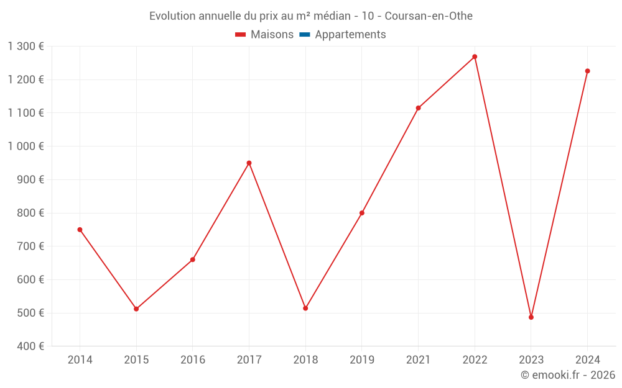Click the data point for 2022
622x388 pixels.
tap(475, 56)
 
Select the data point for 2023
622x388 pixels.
tap(531, 317)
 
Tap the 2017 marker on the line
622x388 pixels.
tap(249, 163)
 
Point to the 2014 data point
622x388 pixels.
tap(80, 230)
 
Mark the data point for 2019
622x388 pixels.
tap(362, 213)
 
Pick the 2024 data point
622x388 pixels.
tap(587, 71)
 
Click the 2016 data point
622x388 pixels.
tap(193, 259)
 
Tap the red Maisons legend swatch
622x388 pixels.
tap(241, 35)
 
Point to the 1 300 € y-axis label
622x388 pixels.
tap(26, 47)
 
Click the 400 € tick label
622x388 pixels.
tap(29, 346)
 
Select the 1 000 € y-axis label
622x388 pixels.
tap(26, 147)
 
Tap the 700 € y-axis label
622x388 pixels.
tap(29, 246)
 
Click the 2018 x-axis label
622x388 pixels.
tap(305, 359)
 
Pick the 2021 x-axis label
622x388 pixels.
tap(418, 359)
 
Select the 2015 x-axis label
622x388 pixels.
tap(136, 359)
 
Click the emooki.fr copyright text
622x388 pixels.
tap(568, 375)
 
